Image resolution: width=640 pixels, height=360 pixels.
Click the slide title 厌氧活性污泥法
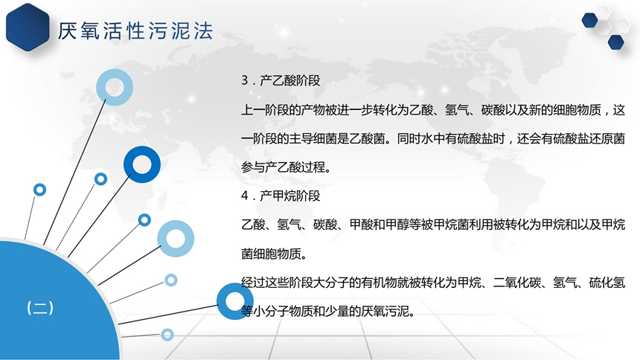coord(135,31)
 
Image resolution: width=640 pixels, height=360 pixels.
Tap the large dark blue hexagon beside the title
coord(28,27)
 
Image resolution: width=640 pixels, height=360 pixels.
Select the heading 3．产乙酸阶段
coord(281,80)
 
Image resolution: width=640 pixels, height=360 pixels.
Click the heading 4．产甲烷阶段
coord(281,196)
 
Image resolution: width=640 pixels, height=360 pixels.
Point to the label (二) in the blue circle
coord(40,308)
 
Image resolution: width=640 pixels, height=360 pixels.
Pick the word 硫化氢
coord(607,283)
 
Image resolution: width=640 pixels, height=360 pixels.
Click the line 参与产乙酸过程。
coord(286,167)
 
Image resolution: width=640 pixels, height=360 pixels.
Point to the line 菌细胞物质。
coord(274,254)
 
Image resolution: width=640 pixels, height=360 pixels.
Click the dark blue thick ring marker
coord(142,164)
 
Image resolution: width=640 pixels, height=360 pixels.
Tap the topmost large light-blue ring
coord(115,87)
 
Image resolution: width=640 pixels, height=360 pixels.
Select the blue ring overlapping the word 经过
coord(234,301)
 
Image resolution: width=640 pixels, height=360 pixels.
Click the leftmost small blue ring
coord(39,190)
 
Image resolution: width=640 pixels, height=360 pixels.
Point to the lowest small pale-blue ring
coord(167,335)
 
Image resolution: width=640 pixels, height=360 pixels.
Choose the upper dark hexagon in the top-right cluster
coord(590,20)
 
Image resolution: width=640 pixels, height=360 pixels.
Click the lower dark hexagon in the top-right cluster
coord(616,42)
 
